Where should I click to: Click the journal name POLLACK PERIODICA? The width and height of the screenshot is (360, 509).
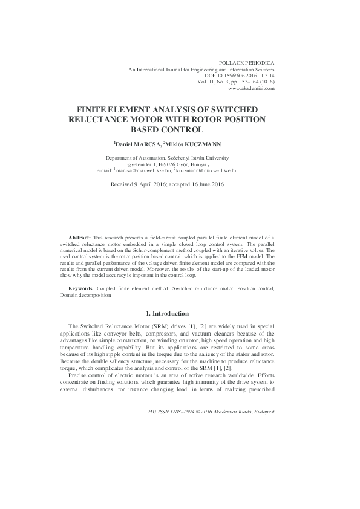coord(249,62)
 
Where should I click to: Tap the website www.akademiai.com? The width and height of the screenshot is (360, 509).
coord(252,88)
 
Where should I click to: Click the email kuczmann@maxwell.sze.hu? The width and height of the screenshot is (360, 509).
coord(206,171)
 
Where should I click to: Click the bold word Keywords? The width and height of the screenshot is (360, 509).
coord(81,289)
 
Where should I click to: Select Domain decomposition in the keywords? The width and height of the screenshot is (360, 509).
coord(86,296)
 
